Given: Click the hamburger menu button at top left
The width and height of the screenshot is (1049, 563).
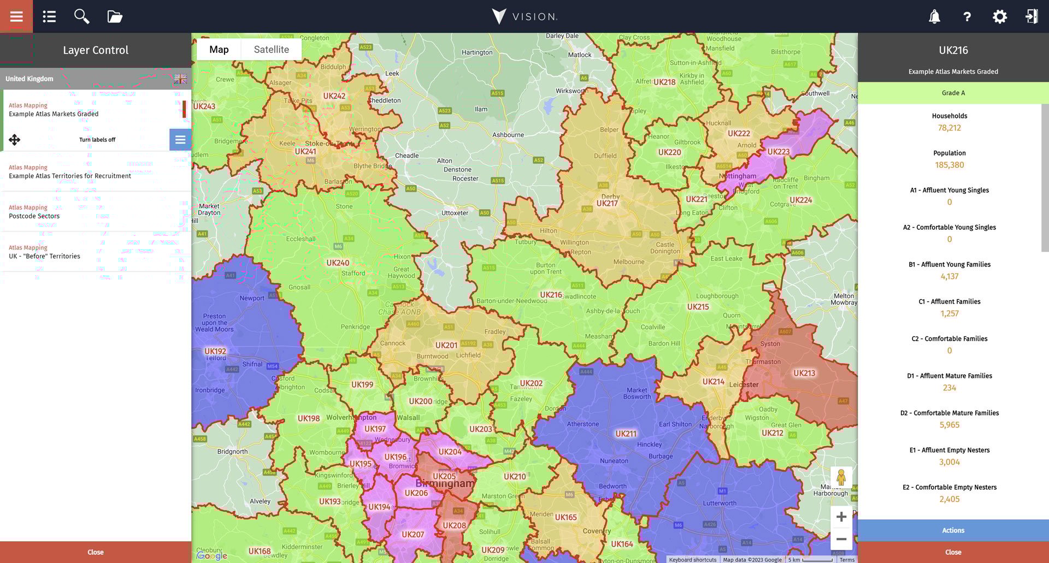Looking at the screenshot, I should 16,16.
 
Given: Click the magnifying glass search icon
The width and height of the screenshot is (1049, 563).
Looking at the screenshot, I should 81,16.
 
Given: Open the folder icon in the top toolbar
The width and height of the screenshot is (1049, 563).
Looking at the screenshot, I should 115,16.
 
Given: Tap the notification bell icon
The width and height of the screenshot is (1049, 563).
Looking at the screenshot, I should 934,16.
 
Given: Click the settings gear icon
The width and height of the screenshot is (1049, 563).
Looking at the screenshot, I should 999,16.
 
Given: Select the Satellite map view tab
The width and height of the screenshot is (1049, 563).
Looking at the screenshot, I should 271,49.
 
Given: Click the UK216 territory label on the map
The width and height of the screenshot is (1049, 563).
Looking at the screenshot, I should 551,295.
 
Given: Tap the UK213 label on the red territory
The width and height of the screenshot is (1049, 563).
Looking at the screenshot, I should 804,374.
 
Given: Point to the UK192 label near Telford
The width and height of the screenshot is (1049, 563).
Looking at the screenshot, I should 215,351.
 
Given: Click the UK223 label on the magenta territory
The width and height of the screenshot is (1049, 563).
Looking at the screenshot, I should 778,152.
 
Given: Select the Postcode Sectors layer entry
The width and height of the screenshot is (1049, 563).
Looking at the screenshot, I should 34,216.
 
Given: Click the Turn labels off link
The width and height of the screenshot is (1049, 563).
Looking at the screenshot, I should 97,140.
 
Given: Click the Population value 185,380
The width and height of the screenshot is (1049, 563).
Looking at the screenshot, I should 949,165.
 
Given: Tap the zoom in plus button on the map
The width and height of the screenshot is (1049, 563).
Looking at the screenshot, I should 841,517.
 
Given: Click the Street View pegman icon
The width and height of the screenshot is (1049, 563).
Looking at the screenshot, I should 841,478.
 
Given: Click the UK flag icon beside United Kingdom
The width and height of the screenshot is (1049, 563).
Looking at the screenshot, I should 180,79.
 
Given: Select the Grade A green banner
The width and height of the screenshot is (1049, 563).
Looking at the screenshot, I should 953,93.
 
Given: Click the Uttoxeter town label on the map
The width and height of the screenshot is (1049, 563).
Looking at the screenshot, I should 455,213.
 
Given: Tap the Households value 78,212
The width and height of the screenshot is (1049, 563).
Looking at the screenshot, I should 949,128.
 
